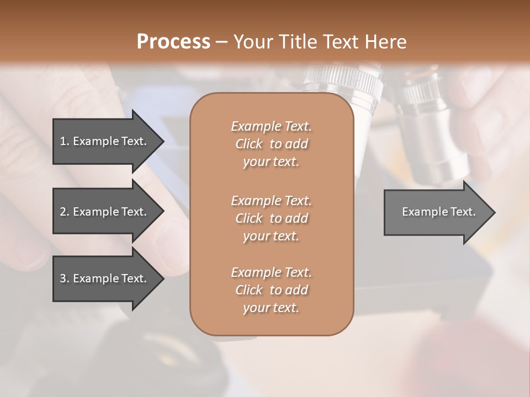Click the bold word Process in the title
pyautogui.click(x=173, y=41)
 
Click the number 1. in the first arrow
pyautogui.click(x=65, y=141)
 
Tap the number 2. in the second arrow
pyautogui.click(x=65, y=212)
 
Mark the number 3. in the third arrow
pyautogui.click(x=65, y=278)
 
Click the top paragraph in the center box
pyautogui.click(x=271, y=144)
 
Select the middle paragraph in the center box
pyautogui.click(x=271, y=218)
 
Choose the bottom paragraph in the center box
pyautogui.click(x=271, y=290)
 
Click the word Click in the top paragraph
pyautogui.click(x=249, y=144)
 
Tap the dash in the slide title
pyautogui.click(x=221, y=42)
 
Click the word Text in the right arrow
pyautogui.click(x=463, y=212)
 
